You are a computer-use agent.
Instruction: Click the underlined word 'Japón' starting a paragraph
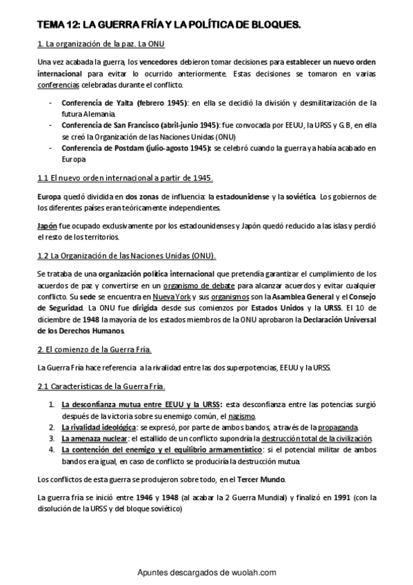coord(47,226)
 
